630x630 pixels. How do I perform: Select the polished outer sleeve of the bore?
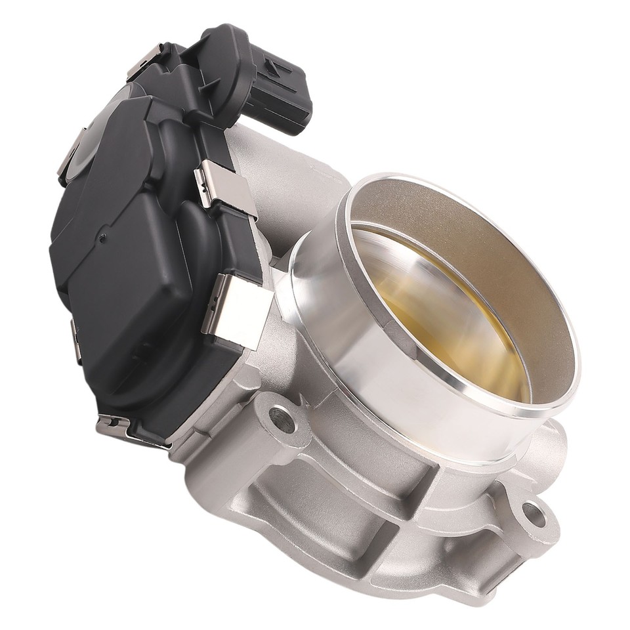click(x=394, y=381)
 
